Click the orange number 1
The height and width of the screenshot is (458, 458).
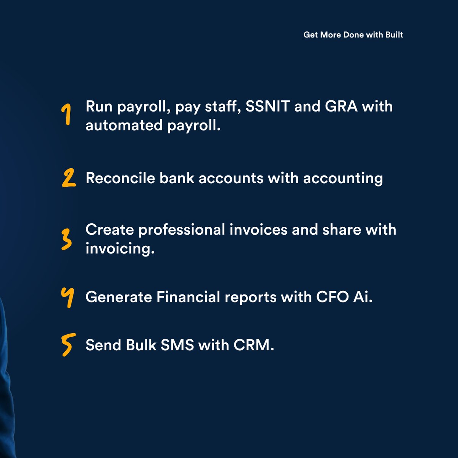67,115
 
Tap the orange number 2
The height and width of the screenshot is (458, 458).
69,179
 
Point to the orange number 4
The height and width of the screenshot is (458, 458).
67,297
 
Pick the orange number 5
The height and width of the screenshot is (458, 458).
67,345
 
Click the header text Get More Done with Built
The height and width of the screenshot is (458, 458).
353,35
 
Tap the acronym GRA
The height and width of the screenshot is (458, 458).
341,106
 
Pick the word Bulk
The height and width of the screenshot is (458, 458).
140,345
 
